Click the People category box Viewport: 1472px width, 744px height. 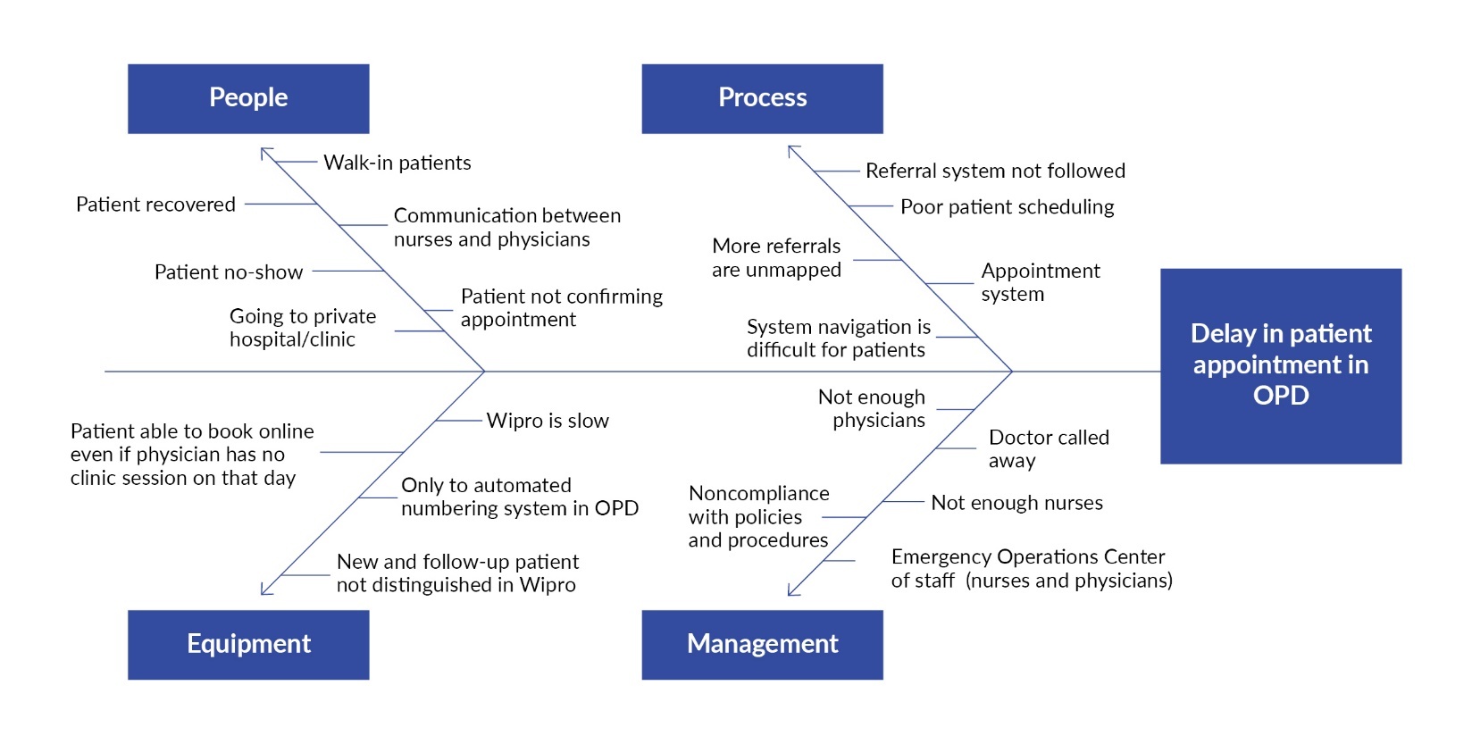pos(248,98)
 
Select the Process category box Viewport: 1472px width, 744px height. pos(762,98)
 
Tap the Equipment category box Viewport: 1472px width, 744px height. pos(248,644)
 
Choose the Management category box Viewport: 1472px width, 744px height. pos(762,644)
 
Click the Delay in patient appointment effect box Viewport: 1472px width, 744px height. pos(1280,365)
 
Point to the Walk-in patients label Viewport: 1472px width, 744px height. pos(397,163)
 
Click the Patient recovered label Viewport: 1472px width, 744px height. pos(155,205)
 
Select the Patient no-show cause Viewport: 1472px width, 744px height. pos(229,272)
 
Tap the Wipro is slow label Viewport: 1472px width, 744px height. pos(548,421)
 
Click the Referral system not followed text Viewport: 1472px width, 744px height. pos(995,171)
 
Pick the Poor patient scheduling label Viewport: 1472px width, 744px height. pos(1007,207)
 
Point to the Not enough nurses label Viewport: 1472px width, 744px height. pos(1016,503)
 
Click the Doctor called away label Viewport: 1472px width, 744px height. pos(1048,449)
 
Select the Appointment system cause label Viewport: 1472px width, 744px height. pos(1040,282)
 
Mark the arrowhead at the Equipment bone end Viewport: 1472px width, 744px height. pos(264,590)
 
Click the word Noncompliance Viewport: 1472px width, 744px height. pos(758,494)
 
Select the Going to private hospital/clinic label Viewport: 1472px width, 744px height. pos(302,328)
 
